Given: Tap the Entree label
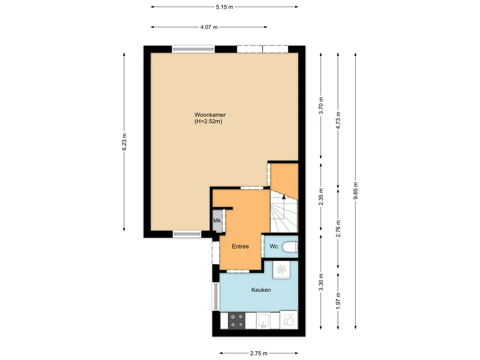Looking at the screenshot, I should [240, 247].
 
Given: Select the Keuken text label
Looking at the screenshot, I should [261, 290].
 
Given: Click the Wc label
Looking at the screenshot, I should [274, 247].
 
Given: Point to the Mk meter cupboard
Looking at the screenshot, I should [217, 221].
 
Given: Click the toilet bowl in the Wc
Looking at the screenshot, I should [291, 247].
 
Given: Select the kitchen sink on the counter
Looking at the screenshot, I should [263, 321].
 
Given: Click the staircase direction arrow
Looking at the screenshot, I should [283, 201].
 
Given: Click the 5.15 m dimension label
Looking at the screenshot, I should [225, 7].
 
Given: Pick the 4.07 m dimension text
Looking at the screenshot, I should [209, 27].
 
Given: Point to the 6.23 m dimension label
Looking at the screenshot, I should [124, 142].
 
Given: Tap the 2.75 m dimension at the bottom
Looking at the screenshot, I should [258, 353].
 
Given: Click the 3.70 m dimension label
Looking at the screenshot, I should [321, 105].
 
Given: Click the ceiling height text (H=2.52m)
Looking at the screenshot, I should [208, 122].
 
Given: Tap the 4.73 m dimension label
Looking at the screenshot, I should [338, 120].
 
